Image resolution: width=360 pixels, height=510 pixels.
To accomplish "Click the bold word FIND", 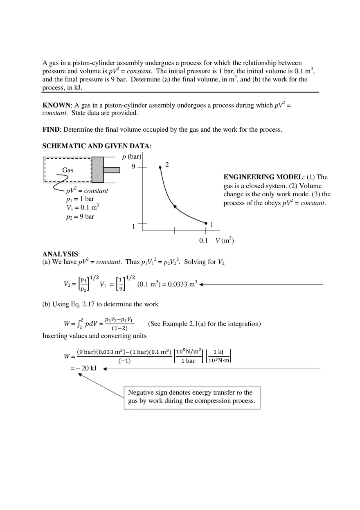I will pos(51,130).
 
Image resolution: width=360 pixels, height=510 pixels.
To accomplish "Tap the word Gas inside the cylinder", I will pos(67,170).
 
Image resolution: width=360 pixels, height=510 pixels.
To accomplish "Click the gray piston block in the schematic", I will pos(97,170).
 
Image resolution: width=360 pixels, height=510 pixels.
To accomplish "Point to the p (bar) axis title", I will pos(131,157).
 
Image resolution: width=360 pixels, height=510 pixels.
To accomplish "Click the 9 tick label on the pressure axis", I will pos(133,166).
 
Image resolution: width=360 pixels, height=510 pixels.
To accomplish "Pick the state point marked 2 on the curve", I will pos(160,167).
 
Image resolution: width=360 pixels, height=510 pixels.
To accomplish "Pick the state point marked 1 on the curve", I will pos(206,223).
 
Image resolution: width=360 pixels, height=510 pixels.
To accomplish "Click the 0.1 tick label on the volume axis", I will pos(204,241).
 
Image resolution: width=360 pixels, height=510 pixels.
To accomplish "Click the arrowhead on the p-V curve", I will pos(175,207).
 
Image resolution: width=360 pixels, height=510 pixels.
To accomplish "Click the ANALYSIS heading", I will pos(61,254).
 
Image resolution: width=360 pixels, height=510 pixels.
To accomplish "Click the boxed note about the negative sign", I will pos(191,397).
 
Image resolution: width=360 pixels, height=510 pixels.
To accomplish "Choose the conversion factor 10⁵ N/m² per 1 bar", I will pos(188,356).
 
